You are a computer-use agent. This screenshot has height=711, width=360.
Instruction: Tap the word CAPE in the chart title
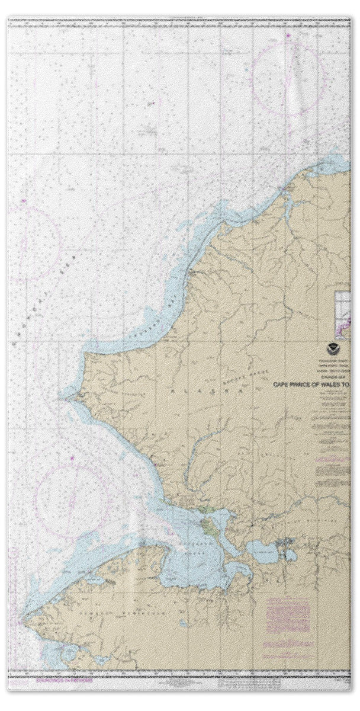click(x=282, y=384)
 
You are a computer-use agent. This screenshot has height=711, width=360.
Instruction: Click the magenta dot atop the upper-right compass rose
click(x=288, y=37)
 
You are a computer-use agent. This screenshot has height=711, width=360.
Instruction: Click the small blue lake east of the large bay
click(x=263, y=552)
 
